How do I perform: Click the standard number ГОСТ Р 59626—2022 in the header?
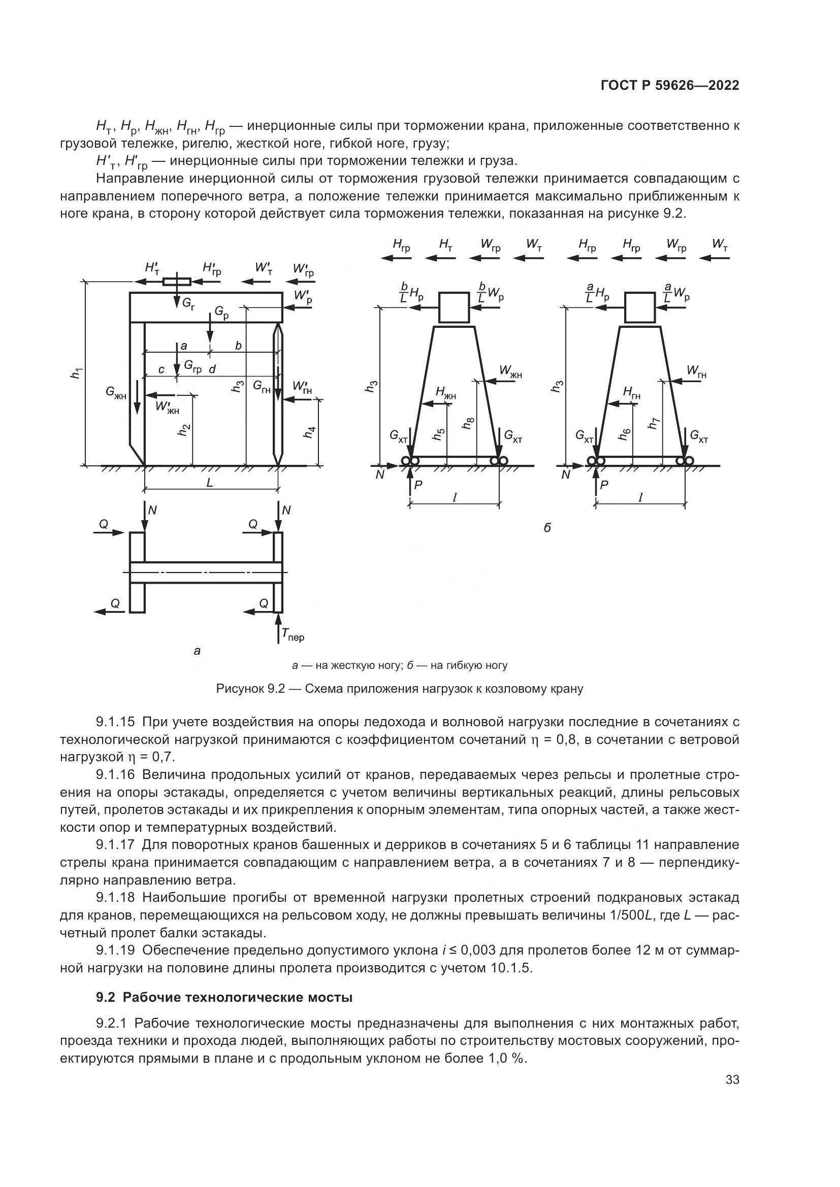pos(670,86)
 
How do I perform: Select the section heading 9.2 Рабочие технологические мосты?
pos(224,997)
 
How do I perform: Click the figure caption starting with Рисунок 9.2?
pos(400,689)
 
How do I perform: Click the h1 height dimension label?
pos(76,373)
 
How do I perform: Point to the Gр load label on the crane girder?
pos(221,312)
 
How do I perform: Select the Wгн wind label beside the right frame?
pos(697,371)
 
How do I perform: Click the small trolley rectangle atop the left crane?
pos(177,282)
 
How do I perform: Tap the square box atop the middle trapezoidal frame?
pos(454,307)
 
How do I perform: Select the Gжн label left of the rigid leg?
pos(116,392)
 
